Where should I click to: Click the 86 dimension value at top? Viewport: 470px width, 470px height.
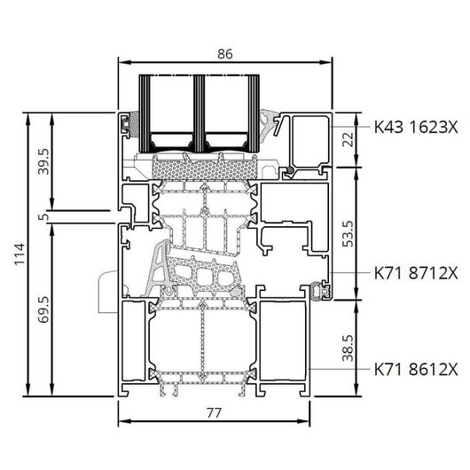[225, 54]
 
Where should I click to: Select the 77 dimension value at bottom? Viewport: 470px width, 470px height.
[214, 413]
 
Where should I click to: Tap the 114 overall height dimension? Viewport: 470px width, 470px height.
[20, 255]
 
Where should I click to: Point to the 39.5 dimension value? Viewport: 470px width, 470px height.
[43, 162]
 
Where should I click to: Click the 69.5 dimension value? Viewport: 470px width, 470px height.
[43, 309]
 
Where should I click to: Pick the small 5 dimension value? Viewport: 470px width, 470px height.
[43, 216]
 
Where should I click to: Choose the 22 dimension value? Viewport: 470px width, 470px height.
[349, 139]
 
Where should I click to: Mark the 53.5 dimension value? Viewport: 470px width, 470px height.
[349, 234]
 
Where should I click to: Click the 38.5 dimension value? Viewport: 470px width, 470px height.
[349, 348]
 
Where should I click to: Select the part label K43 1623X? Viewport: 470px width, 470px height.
[416, 127]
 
